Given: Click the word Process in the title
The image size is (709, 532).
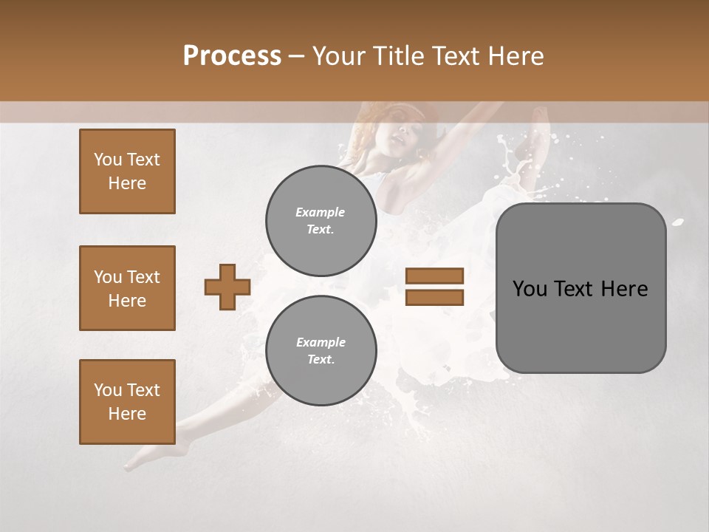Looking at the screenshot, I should coord(232,56).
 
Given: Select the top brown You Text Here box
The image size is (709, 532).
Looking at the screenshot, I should coord(127,171).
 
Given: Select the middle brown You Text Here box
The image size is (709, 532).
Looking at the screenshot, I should coord(127,288).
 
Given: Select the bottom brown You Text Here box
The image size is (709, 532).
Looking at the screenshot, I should coord(127,402).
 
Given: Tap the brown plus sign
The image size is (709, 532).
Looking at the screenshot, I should coord(227,287).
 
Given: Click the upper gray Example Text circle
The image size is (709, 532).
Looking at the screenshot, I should coord(321,221).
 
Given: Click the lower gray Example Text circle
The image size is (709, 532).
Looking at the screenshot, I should coord(321,351).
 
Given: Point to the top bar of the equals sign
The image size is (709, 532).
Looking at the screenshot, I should coord(434,276).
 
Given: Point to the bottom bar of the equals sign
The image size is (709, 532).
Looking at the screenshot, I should coord(434,298).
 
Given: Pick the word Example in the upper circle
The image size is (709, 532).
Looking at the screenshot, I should coord(320,212).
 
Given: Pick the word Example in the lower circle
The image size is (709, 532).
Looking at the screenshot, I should coord(321,342).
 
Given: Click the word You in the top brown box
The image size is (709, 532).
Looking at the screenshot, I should coord(107,160).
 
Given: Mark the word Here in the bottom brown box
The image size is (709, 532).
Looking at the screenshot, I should coord(127,414).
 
